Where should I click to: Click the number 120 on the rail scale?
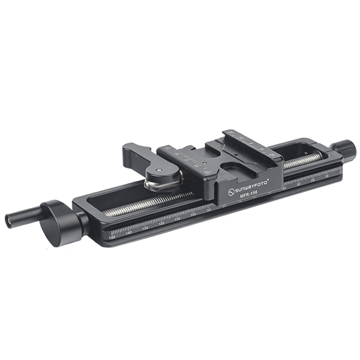tap(161, 225)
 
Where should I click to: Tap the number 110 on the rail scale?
tap(177, 220)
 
